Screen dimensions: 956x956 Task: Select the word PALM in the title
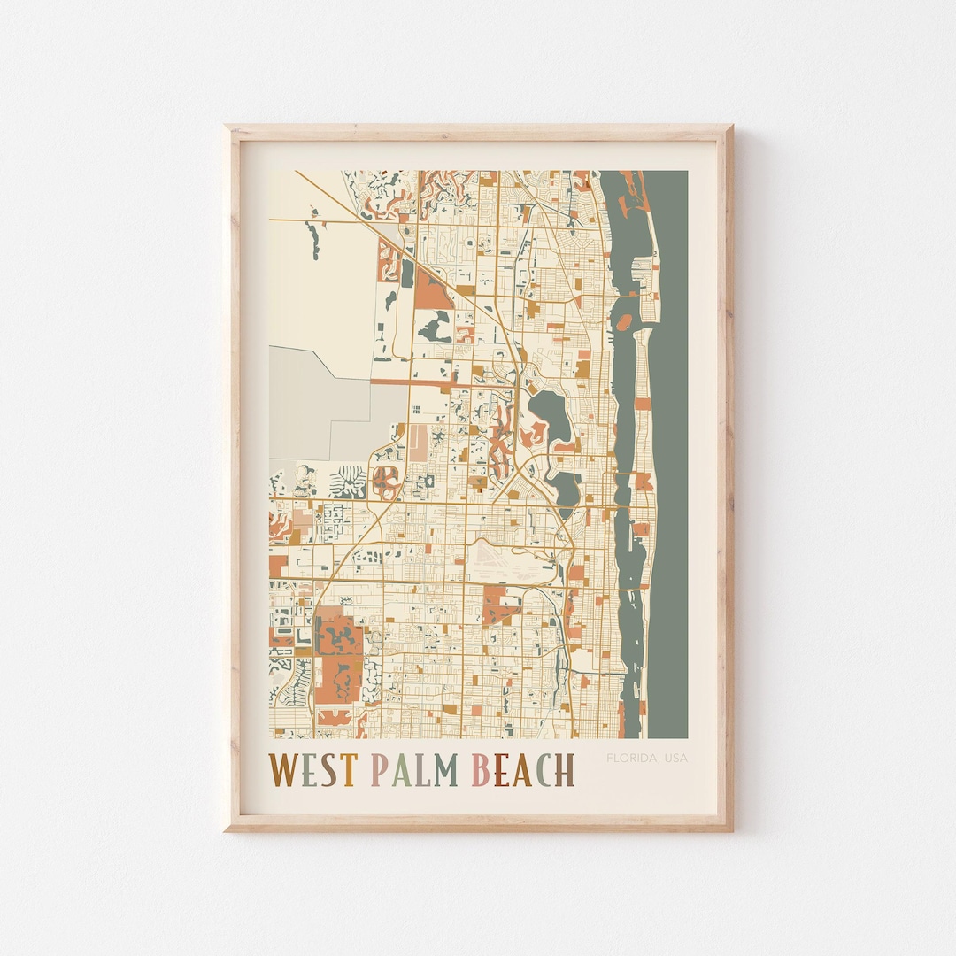tap(413, 770)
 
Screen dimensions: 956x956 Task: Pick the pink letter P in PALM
tap(379, 770)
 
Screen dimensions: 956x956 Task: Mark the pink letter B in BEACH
tap(480, 770)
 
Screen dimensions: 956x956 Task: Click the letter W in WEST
tap(283, 770)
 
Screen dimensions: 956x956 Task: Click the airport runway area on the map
tap(513, 558)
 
